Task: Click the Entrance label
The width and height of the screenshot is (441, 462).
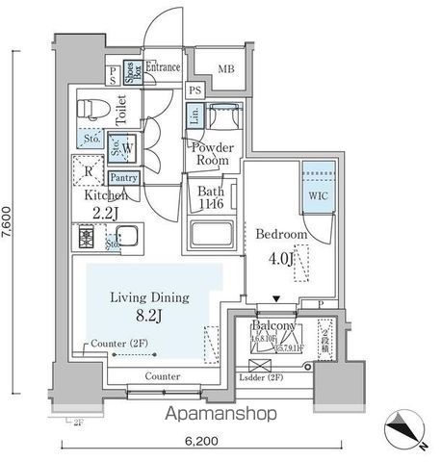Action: point(165,68)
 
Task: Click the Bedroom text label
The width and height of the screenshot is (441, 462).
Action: point(281,234)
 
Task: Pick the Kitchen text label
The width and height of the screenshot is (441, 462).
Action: point(94,194)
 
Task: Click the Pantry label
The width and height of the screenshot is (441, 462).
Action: point(124,177)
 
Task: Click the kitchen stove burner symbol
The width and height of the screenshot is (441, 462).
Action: point(84,234)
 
